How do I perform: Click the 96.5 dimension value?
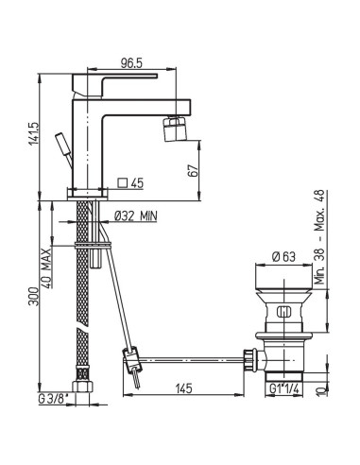tap(131, 63)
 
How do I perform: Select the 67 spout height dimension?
tap(194, 170)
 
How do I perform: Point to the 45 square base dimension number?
tap(137, 182)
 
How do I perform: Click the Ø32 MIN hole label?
tap(135, 216)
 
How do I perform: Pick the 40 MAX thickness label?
tap(46, 268)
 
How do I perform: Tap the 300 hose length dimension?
tap(33, 296)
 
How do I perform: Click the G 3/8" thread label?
tap(53, 399)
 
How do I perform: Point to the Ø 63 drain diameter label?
tap(283, 257)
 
